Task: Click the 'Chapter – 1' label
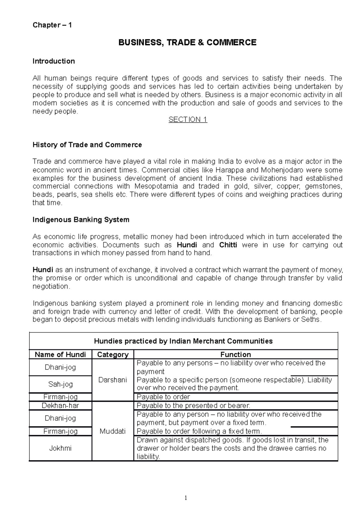tap(52, 25)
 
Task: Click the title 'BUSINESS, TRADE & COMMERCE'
tap(187, 43)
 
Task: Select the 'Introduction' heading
tap(53, 61)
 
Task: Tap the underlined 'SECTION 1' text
tap(188, 120)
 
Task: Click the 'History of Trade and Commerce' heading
tap(87, 145)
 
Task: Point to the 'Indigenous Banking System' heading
tap(81, 220)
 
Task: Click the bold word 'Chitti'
tap(228, 245)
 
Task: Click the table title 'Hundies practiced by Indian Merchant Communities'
tap(183, 341)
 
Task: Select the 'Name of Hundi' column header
tap(60, 355)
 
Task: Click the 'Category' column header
tap(113, 355)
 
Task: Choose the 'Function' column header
tap(235, 355)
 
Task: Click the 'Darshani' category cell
tap(112, 380)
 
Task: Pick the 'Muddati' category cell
tap(112, 431)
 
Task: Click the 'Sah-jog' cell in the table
tap(60, 384)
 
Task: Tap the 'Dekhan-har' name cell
tap(60, 406)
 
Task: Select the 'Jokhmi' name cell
tap(60, 448)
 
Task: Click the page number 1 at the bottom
tap(186, 498)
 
